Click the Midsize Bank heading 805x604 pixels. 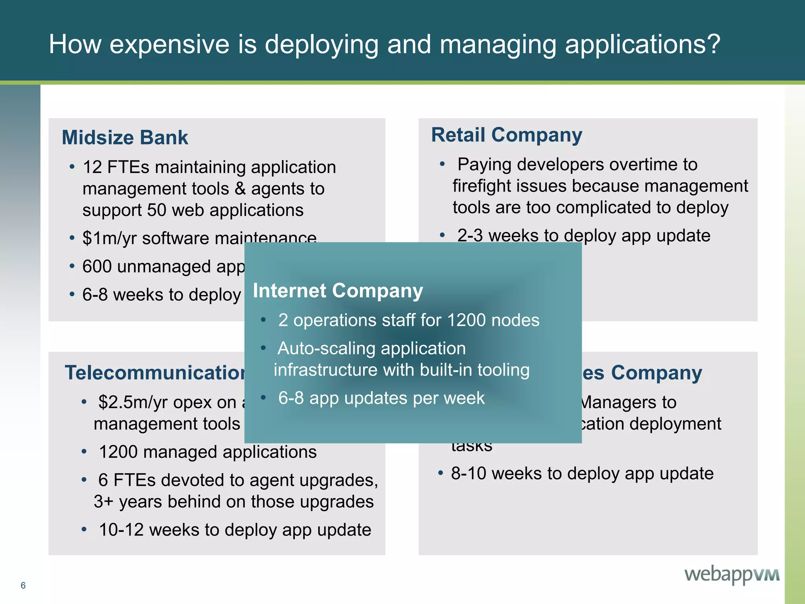pos(125,138)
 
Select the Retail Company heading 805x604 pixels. pos(506,135)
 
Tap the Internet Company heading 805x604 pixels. pos(338,291)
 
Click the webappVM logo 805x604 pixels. pos(732,575)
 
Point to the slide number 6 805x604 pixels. pos(23,586)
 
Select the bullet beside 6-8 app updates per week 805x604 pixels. pos(263,398)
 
